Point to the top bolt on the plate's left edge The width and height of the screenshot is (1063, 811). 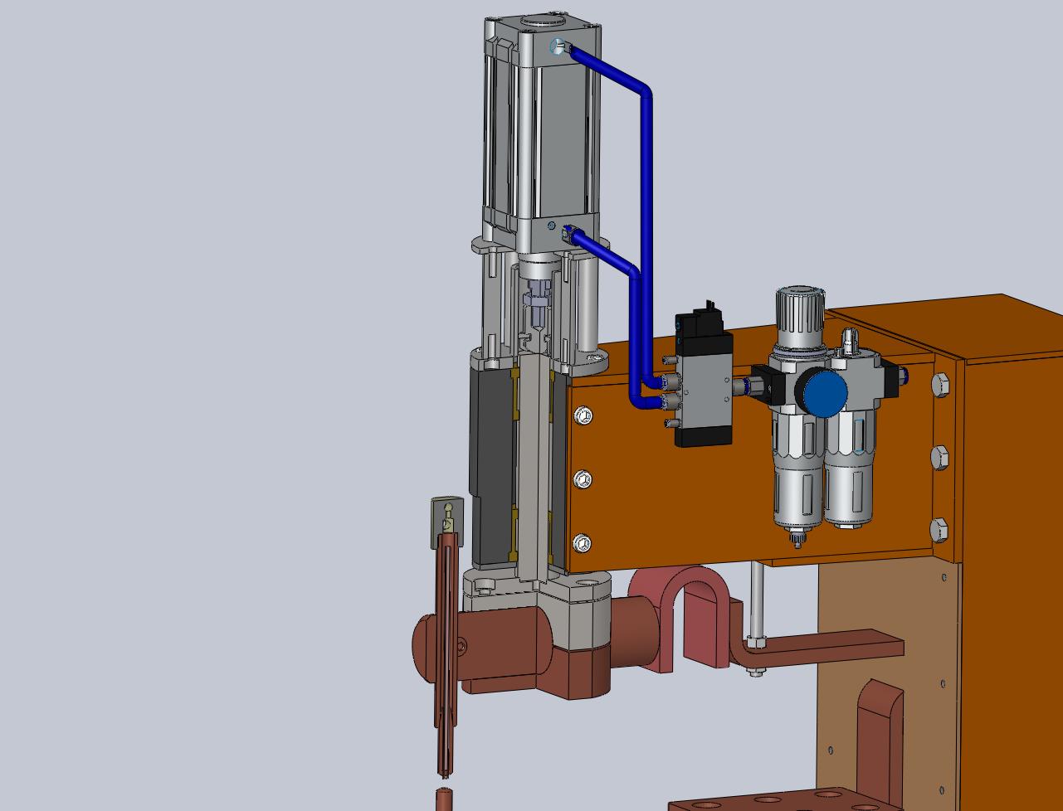point(583,415)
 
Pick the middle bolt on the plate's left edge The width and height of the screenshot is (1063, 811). point(583,479)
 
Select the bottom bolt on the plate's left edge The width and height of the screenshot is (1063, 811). point(583,544)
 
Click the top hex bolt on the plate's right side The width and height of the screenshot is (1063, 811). point(939,384)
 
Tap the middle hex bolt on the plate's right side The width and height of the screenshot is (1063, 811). point(939,457)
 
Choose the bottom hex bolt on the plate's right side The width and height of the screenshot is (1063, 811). point(939,529)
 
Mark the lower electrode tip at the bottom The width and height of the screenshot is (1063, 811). point(446,799)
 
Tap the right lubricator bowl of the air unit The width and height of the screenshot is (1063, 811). point(849,481)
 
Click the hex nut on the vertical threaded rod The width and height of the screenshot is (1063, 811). point(755,642)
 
